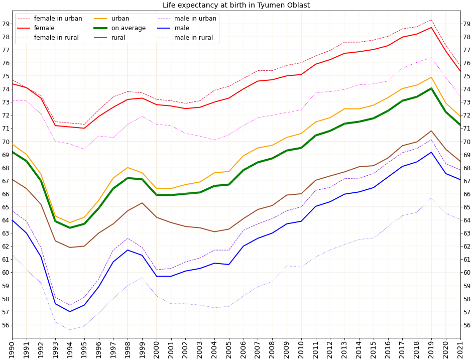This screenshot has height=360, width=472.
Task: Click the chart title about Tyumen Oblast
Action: coord(236,5)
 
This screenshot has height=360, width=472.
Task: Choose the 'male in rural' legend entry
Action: coord(194,38)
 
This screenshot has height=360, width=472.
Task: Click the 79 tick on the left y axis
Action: coord(6,24)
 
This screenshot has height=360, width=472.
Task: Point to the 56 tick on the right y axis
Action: coord(466,325)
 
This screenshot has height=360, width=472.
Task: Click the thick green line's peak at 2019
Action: coord(431,88)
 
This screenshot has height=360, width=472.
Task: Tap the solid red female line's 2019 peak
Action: coord(431,27)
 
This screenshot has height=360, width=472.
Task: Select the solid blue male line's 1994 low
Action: coord(70,312)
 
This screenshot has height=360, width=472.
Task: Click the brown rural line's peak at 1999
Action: coord(142,203)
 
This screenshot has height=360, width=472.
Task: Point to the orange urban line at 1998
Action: coord(128,168)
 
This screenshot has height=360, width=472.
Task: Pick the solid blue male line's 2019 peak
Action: coord(431,152)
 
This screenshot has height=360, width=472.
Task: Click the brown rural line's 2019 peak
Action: coord(431,131)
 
